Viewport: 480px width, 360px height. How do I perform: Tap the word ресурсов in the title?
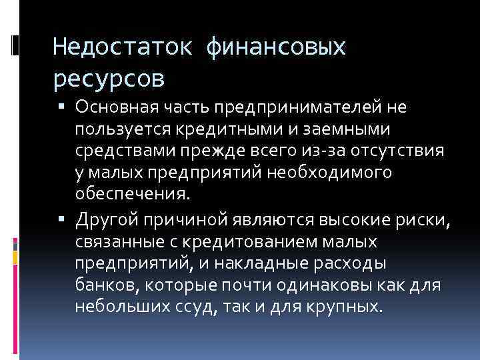pyautogui.click(x=109, y=79)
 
